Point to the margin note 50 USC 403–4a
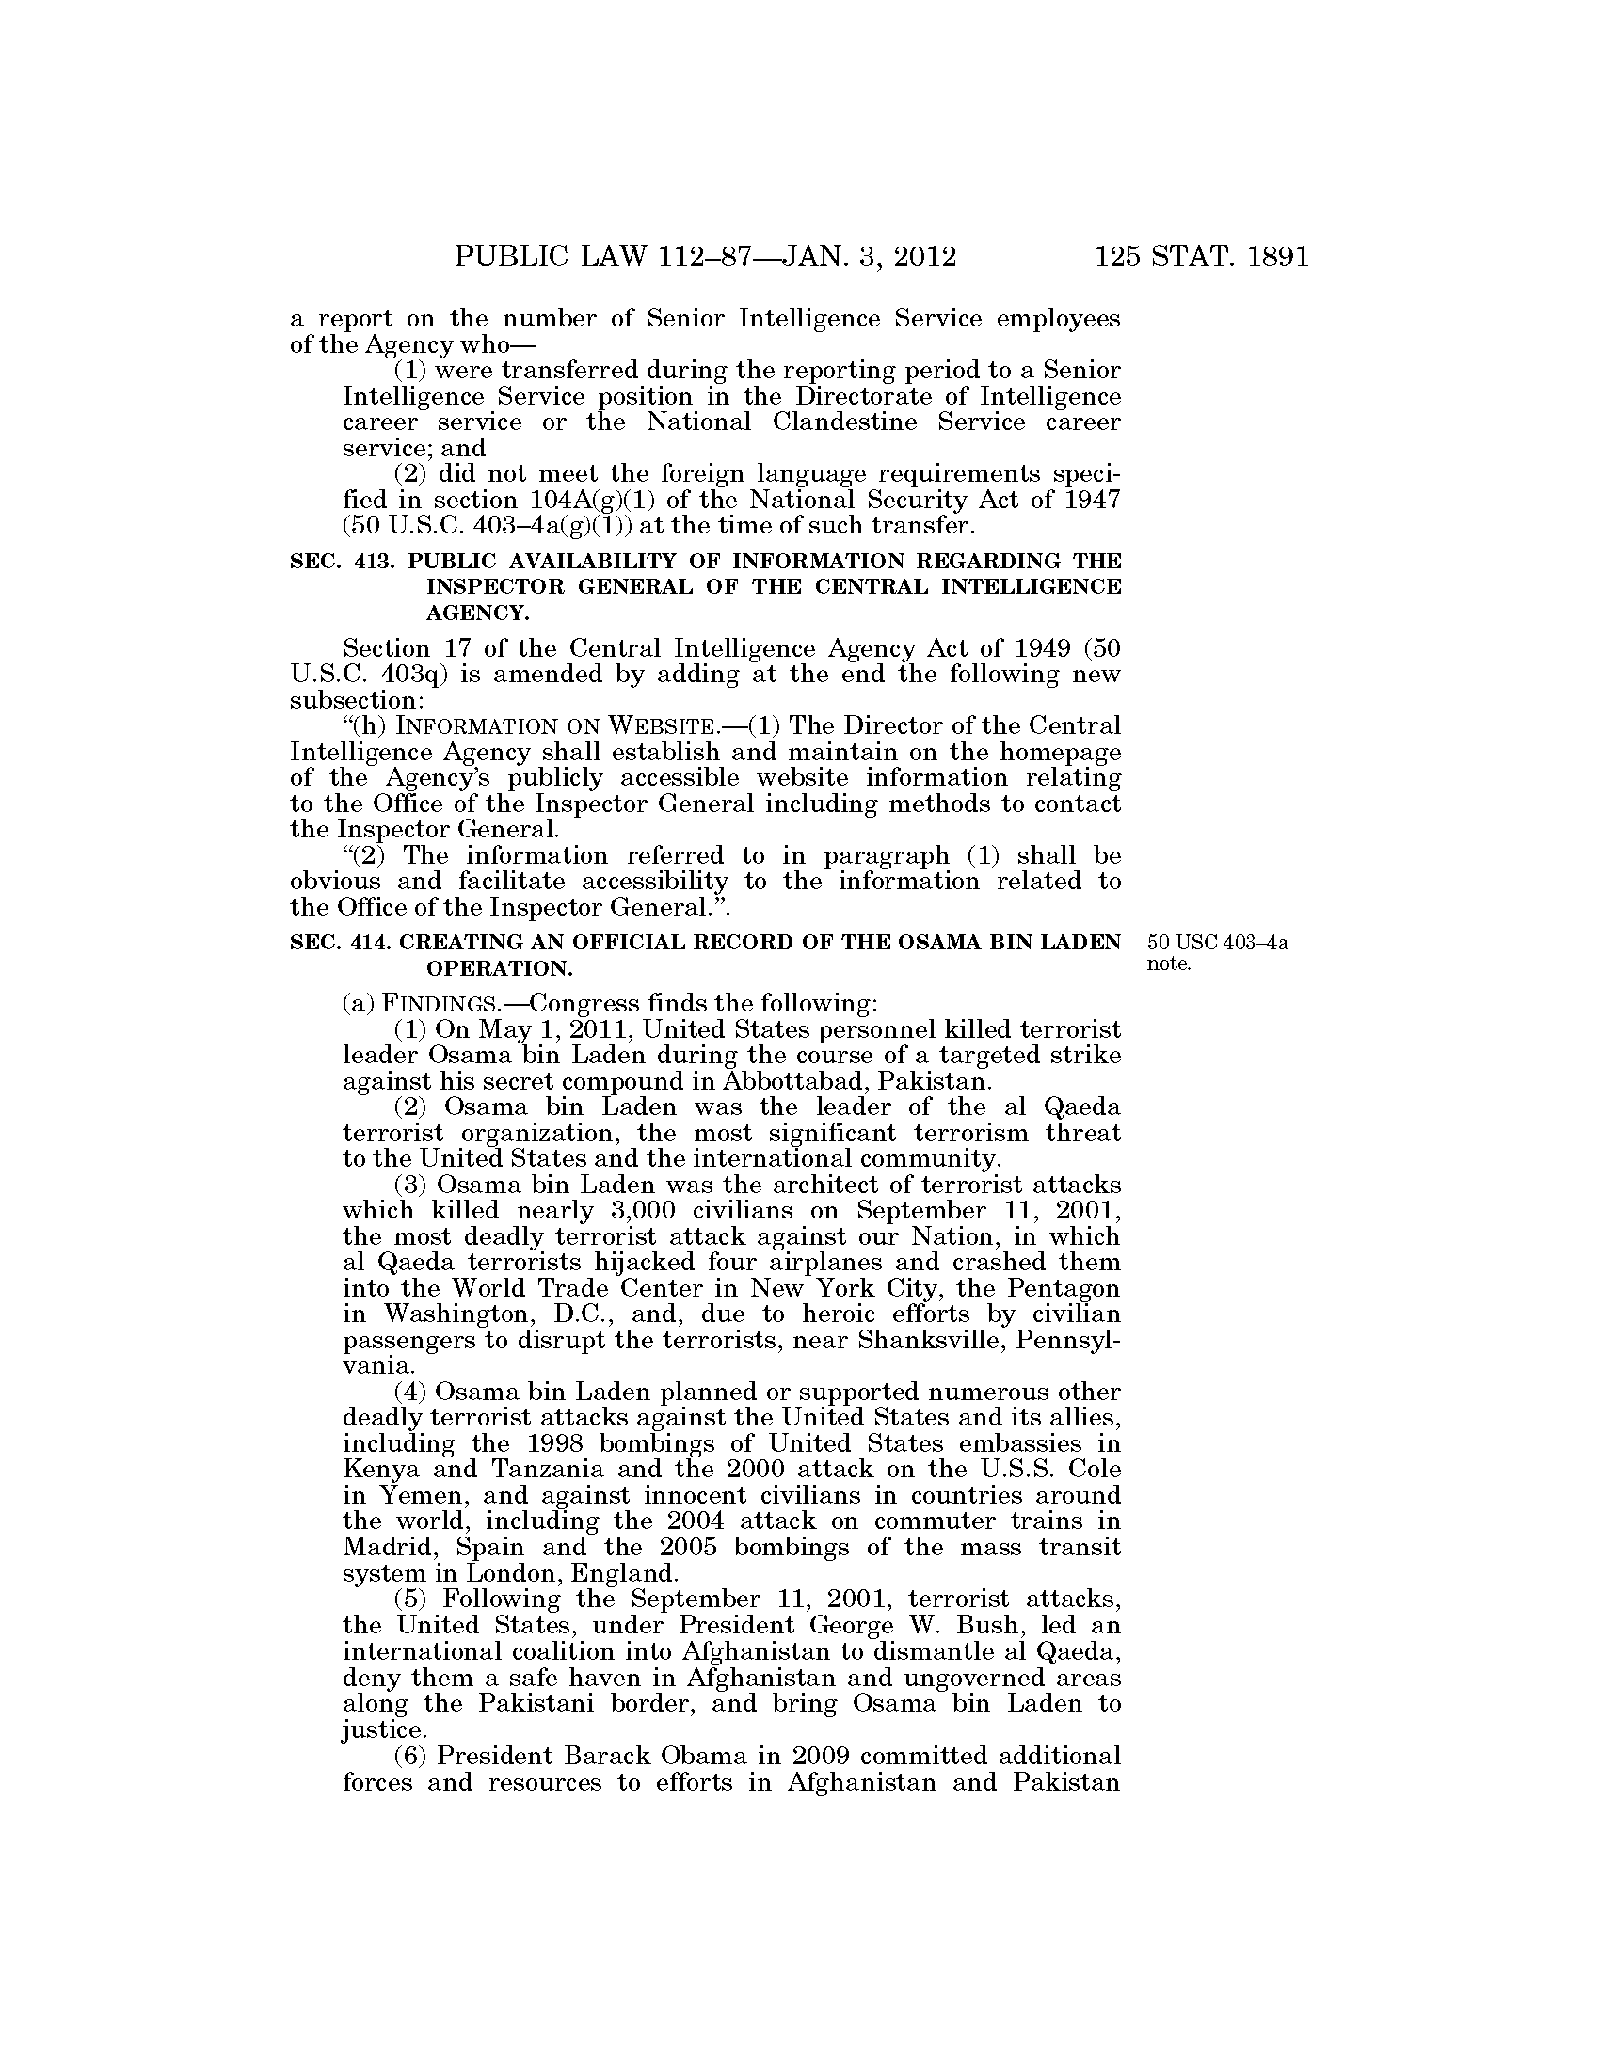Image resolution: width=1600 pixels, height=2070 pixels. pos(1217,943)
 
